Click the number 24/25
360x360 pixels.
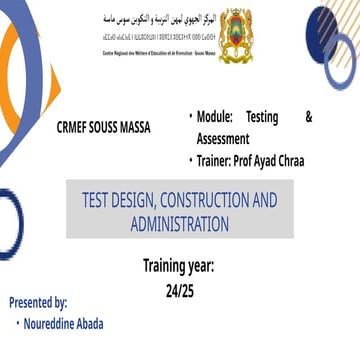pos(180,291)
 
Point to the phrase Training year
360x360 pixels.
pos(180,268)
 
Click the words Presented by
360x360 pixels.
pos(39,302)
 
